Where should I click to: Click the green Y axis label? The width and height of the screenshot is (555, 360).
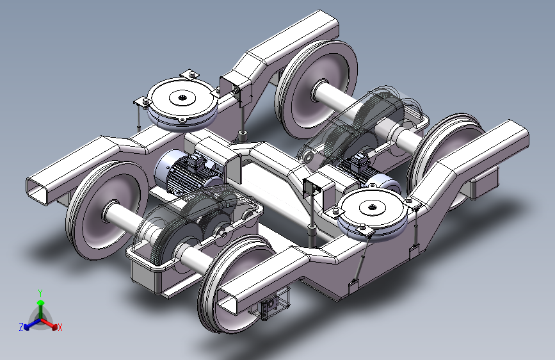[40, 293]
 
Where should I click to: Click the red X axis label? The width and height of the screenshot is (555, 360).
[60, 328]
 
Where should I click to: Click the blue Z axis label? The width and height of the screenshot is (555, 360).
[21, 327]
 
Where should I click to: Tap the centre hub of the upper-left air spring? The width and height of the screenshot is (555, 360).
[182, 97]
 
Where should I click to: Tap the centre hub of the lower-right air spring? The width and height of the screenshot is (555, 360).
[372, 207]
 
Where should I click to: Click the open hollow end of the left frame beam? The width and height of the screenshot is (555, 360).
[38, 190]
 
